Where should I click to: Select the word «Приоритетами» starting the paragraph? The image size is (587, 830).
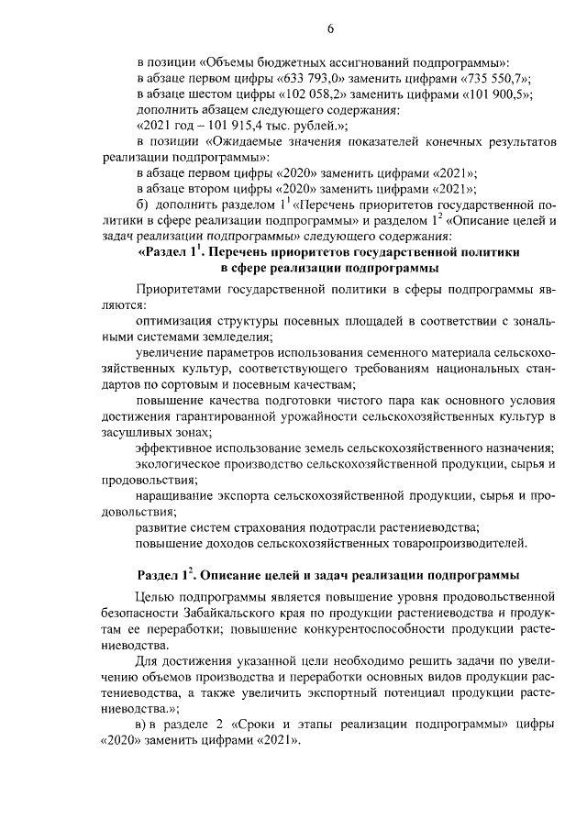pos(180,291)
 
